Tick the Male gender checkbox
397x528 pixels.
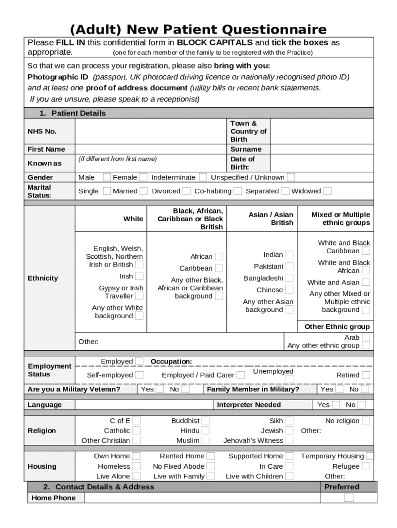click(107, 177)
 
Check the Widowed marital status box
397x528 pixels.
click(327, 191)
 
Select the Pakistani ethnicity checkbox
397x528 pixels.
click(289, 267)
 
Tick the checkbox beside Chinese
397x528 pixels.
click(289, 290)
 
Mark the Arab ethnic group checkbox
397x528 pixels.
click(366, 338)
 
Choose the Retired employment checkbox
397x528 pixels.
click(366, 375)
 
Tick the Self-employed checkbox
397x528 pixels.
click(139, 375)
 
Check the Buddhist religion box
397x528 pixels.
click(205, 421)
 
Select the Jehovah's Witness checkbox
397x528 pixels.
click(289, 440)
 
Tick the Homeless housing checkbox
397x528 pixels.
click(136, 466)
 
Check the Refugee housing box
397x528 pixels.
click(366, 466)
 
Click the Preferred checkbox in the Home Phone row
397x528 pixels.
click(349, 498)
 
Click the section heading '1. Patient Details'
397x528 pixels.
click(73, 113)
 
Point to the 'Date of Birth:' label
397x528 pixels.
click(242, 163)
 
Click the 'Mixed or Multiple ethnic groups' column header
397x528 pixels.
click(340, 219)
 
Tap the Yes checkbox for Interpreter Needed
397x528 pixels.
click(336, 405)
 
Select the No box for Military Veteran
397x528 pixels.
click(185, 390)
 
